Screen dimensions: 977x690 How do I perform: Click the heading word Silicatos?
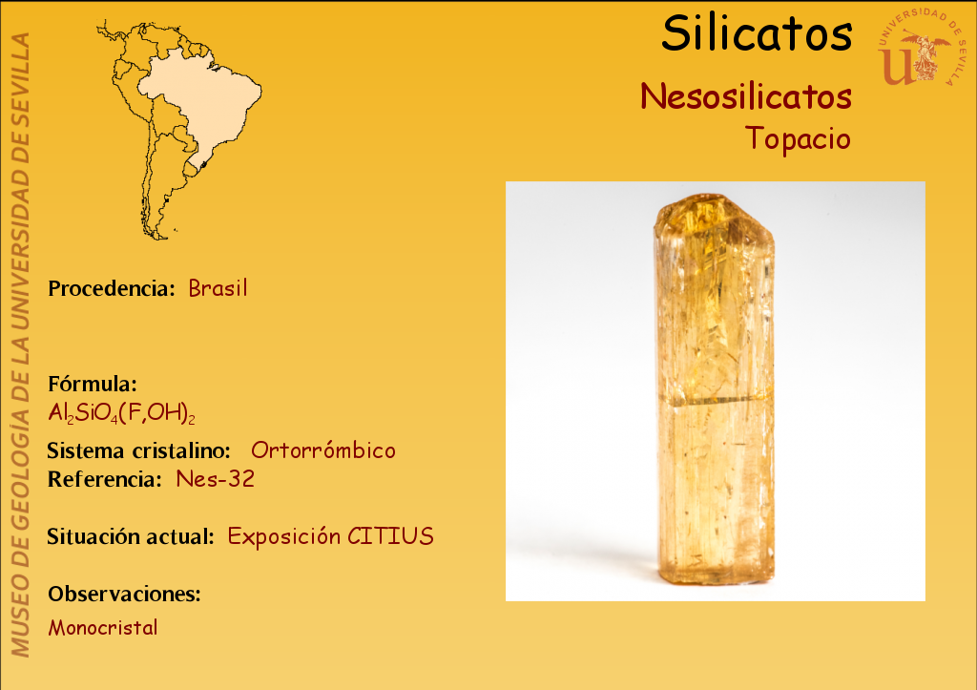click(x=757, y=33)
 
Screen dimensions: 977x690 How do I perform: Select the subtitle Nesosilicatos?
click(x=746, y=96)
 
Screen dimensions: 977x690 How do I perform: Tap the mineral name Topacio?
click(x=799, y=137)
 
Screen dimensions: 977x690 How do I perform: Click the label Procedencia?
click(x=112, y=288)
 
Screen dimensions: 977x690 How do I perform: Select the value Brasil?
click(x=218, y=288)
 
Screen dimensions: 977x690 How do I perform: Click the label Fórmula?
click(x=93, y=384)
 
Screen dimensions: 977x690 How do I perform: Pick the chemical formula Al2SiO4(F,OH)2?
click(x=121, y=412)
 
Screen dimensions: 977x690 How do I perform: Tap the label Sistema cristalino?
click(x=138, y=450)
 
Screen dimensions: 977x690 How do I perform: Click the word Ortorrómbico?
click(x=323, y=450)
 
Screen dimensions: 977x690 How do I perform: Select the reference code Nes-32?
click(x=216, y=479)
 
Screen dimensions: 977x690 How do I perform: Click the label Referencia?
click(x=105, y=479)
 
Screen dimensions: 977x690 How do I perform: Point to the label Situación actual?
click(x=131, y=536)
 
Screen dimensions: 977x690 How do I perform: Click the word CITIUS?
click(x=390, y=536)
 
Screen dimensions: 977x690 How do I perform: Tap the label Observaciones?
click(x=125, y=594)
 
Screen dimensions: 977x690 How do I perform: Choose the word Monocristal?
click(x=103, y=627)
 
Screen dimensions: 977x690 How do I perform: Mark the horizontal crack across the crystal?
click(x=716, y=400)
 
